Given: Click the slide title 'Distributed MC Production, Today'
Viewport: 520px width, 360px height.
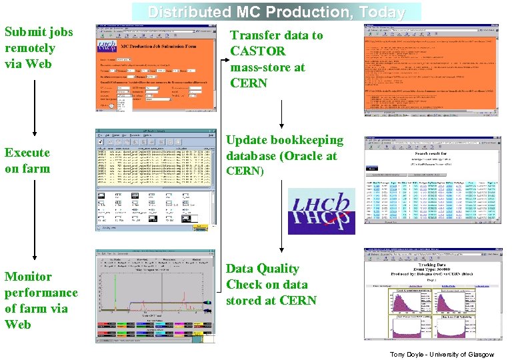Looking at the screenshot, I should point(276,12).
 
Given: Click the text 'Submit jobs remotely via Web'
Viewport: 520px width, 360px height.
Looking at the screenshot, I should point(39,48).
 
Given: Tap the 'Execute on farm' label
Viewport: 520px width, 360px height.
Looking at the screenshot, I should point(27,160).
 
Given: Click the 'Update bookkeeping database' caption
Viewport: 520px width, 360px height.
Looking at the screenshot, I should point(285,155).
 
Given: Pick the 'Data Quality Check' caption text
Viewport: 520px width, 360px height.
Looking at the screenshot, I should point(271,284).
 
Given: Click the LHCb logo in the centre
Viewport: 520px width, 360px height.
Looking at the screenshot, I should point(322,211).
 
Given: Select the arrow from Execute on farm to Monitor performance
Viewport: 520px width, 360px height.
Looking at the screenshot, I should point(35,220).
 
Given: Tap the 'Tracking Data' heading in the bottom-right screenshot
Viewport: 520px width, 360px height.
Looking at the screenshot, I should point(431,265).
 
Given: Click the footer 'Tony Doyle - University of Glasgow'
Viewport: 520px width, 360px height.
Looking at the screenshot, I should point(442,354).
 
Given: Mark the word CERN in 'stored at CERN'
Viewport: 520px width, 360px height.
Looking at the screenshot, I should point(299,301).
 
